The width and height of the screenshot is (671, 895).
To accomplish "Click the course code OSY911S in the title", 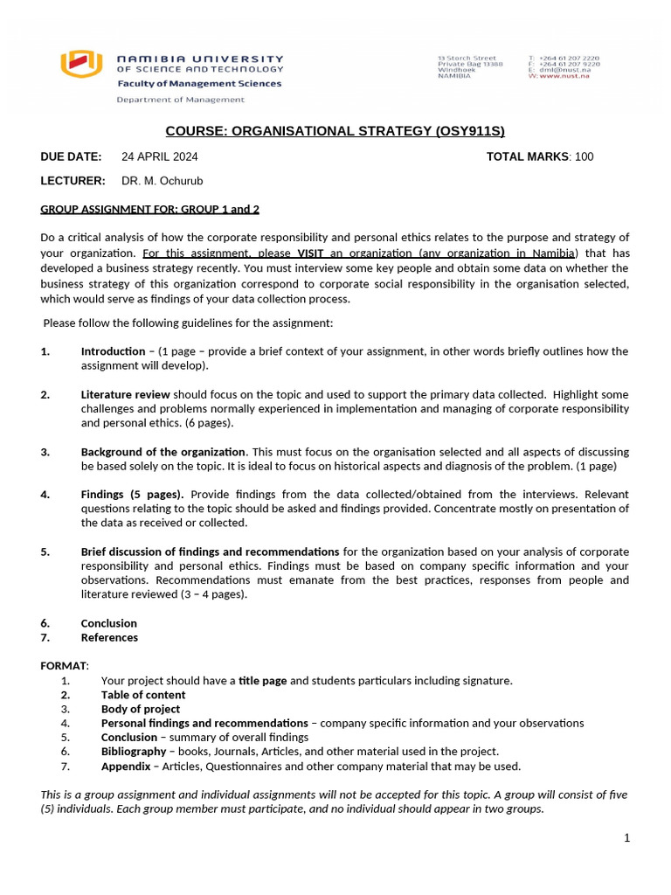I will (469, 132).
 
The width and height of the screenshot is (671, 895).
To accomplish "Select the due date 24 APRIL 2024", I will (160, 157).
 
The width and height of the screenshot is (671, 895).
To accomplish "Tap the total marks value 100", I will (584, 157).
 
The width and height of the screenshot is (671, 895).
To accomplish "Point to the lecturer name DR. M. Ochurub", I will (163, 181).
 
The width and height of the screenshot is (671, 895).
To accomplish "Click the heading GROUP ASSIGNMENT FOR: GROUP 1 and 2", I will (149, 209).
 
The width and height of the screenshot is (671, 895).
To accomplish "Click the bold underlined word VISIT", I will (310, 253).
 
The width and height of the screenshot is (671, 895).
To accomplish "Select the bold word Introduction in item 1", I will (113, 351).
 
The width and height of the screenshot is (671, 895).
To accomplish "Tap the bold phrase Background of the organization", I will (163, 452).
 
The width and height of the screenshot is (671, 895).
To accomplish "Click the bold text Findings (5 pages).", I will (132, 495).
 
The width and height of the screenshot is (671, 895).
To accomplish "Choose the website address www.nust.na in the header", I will (564, 77).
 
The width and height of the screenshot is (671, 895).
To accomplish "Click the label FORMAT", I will (64, 666).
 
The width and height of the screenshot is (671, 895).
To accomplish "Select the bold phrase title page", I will (262, 681).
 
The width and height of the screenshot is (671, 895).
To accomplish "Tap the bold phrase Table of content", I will (143, 695).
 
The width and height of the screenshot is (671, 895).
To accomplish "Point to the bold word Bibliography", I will (133, 752).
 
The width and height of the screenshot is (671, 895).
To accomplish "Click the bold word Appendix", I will (125, 767).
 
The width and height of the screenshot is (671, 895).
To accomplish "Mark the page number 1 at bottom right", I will (626, 838).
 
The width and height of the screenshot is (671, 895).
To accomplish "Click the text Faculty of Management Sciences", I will (199, 84).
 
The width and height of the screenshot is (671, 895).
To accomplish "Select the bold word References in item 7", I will (109, 638).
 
